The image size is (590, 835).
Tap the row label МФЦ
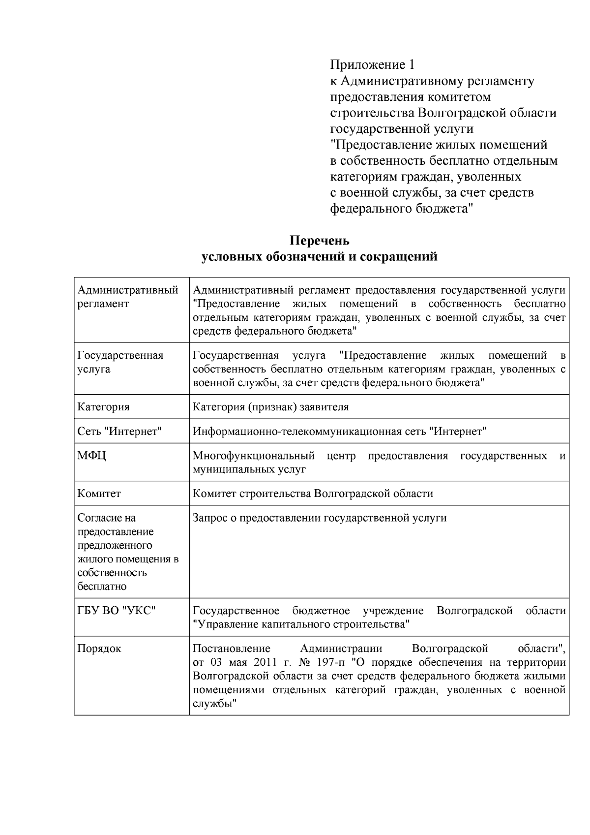pyautogui.click(x=92, y=456)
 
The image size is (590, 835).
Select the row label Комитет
pyautogui.click(x=99, y=494)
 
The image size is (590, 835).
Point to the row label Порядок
pyautogui.click(x=99, y=649)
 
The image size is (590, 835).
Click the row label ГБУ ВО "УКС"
pyautogui.click(x=117, y=611)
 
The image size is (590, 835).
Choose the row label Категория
pyautogui.click(x=103, y=407)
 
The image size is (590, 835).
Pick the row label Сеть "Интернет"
pyautogui.click(x=120, y=432)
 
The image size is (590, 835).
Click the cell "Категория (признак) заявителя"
pyautogui.click(x=270, y=407)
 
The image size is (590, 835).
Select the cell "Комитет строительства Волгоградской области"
pyautogui.click(x=313, y=494)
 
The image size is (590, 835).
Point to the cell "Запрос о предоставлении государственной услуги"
pyautogui.click(x=320, y=518)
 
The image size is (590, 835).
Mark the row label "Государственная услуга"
pyautogui.click(x=120, y=362)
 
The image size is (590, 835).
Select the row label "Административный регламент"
pyautogui.click(x=127, y=297)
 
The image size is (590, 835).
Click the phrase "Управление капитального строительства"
pyautogui.click(x=301, y=624)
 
